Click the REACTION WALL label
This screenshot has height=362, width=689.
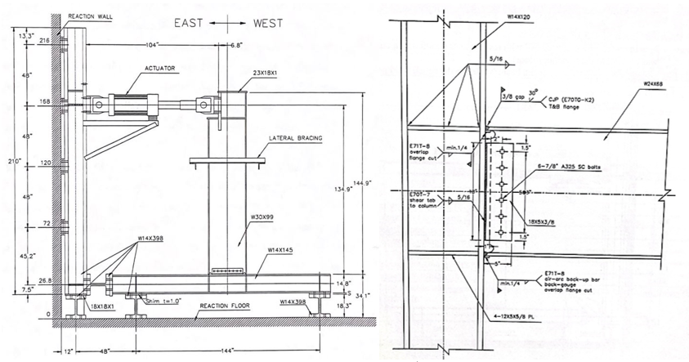(x=92, y=16)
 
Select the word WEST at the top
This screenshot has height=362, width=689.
(x=265, y=25)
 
